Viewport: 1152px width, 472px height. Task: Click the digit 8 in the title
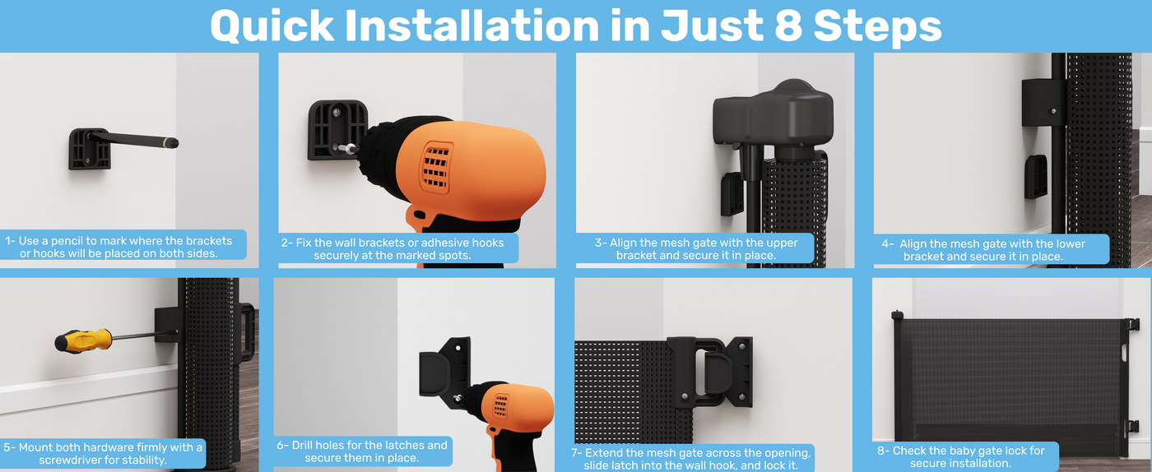[x=788, y=25]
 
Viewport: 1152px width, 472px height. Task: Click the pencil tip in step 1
[x=174, y=143]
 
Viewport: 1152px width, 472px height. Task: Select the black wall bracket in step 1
[x=90, y=149]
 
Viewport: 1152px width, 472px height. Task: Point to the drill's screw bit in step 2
[x=348, y=149]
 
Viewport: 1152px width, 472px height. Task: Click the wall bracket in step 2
[x=336, y=130]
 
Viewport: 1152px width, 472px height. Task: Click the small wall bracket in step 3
[x=732, y=194]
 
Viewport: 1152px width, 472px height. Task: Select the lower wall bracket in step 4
[x=1036, y=177]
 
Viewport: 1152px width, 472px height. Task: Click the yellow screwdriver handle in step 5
[x=83, y=341]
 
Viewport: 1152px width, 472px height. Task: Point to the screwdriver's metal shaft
[x=135, y=336]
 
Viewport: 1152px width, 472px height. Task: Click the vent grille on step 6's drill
[x=500, y=405]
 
